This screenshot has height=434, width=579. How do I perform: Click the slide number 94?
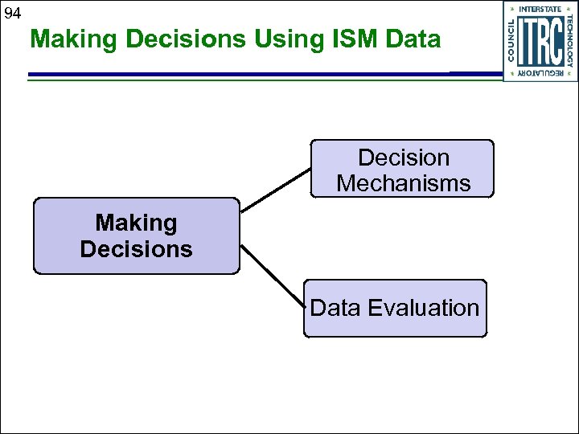point(12,13)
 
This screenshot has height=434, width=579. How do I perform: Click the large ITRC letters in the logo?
point(540,41)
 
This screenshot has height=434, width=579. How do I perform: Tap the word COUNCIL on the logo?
point(512,41)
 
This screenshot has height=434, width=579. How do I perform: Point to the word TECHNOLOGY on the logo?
point(569,41)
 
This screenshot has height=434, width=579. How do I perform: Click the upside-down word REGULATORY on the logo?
point(540,73)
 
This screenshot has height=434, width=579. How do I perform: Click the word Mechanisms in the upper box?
point(403,183)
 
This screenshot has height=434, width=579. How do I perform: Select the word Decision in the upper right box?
point(403,158)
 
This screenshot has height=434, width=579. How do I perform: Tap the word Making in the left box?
point(136,223)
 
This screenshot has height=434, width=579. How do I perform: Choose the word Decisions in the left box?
point(136,249)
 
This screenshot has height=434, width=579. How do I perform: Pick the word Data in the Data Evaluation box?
point(335,308)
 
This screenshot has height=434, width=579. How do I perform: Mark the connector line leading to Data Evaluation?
point(273,275)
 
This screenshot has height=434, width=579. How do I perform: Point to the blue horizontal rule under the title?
point(241,75)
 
